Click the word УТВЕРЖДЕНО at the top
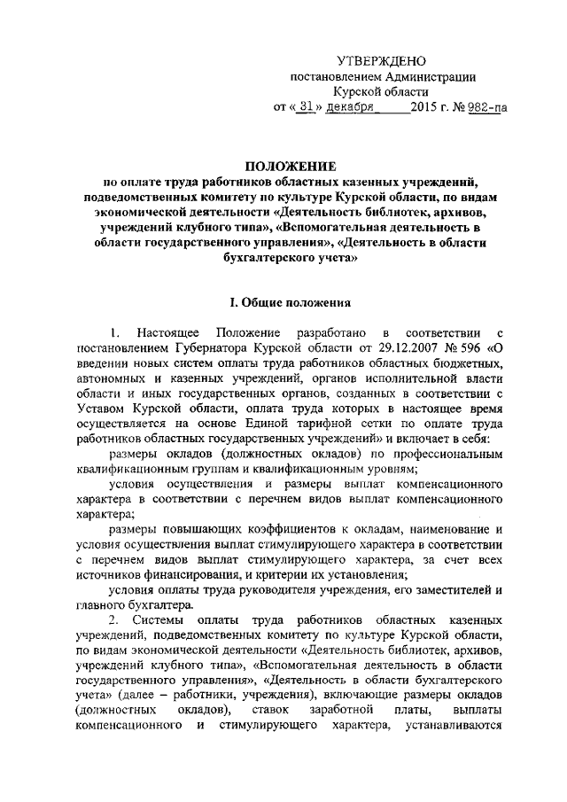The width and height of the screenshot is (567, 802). click(382, 60)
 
